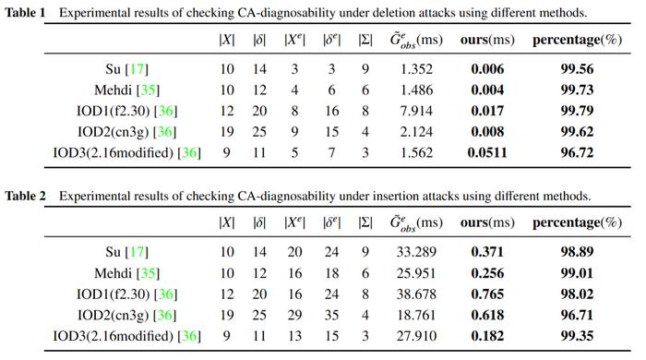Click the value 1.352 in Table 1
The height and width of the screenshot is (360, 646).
click(x=416, y=69)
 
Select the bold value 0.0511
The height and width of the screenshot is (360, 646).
click(x=487, y=153)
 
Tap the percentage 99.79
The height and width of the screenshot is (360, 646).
click(x=577, y=111)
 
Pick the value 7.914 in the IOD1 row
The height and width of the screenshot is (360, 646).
click(x=416, y=111)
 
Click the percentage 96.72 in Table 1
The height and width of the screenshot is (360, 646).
click(x=577, y=153)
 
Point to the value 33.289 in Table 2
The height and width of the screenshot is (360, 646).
click(x=416, y=252)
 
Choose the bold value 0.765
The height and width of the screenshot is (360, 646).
click(x=487, y=294)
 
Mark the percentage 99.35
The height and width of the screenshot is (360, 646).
click(x=577, y=336)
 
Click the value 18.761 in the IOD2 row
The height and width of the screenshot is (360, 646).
click(x=416, y=315)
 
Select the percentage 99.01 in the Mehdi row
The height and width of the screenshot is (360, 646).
click(x=577, y=273)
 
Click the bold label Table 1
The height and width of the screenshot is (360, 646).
click(x=25, y=13)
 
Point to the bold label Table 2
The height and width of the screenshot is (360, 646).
click(x=25, y=196)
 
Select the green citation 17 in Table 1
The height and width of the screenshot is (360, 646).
click(x=137, y=69)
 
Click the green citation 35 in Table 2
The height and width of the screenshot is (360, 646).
click(x=148, y=273)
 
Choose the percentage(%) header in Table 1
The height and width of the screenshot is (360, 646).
click(x=577, y=40)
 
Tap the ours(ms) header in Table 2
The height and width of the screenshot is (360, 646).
click(x=487, y=222)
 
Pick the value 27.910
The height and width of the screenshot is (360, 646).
click(x=416, y=336)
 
